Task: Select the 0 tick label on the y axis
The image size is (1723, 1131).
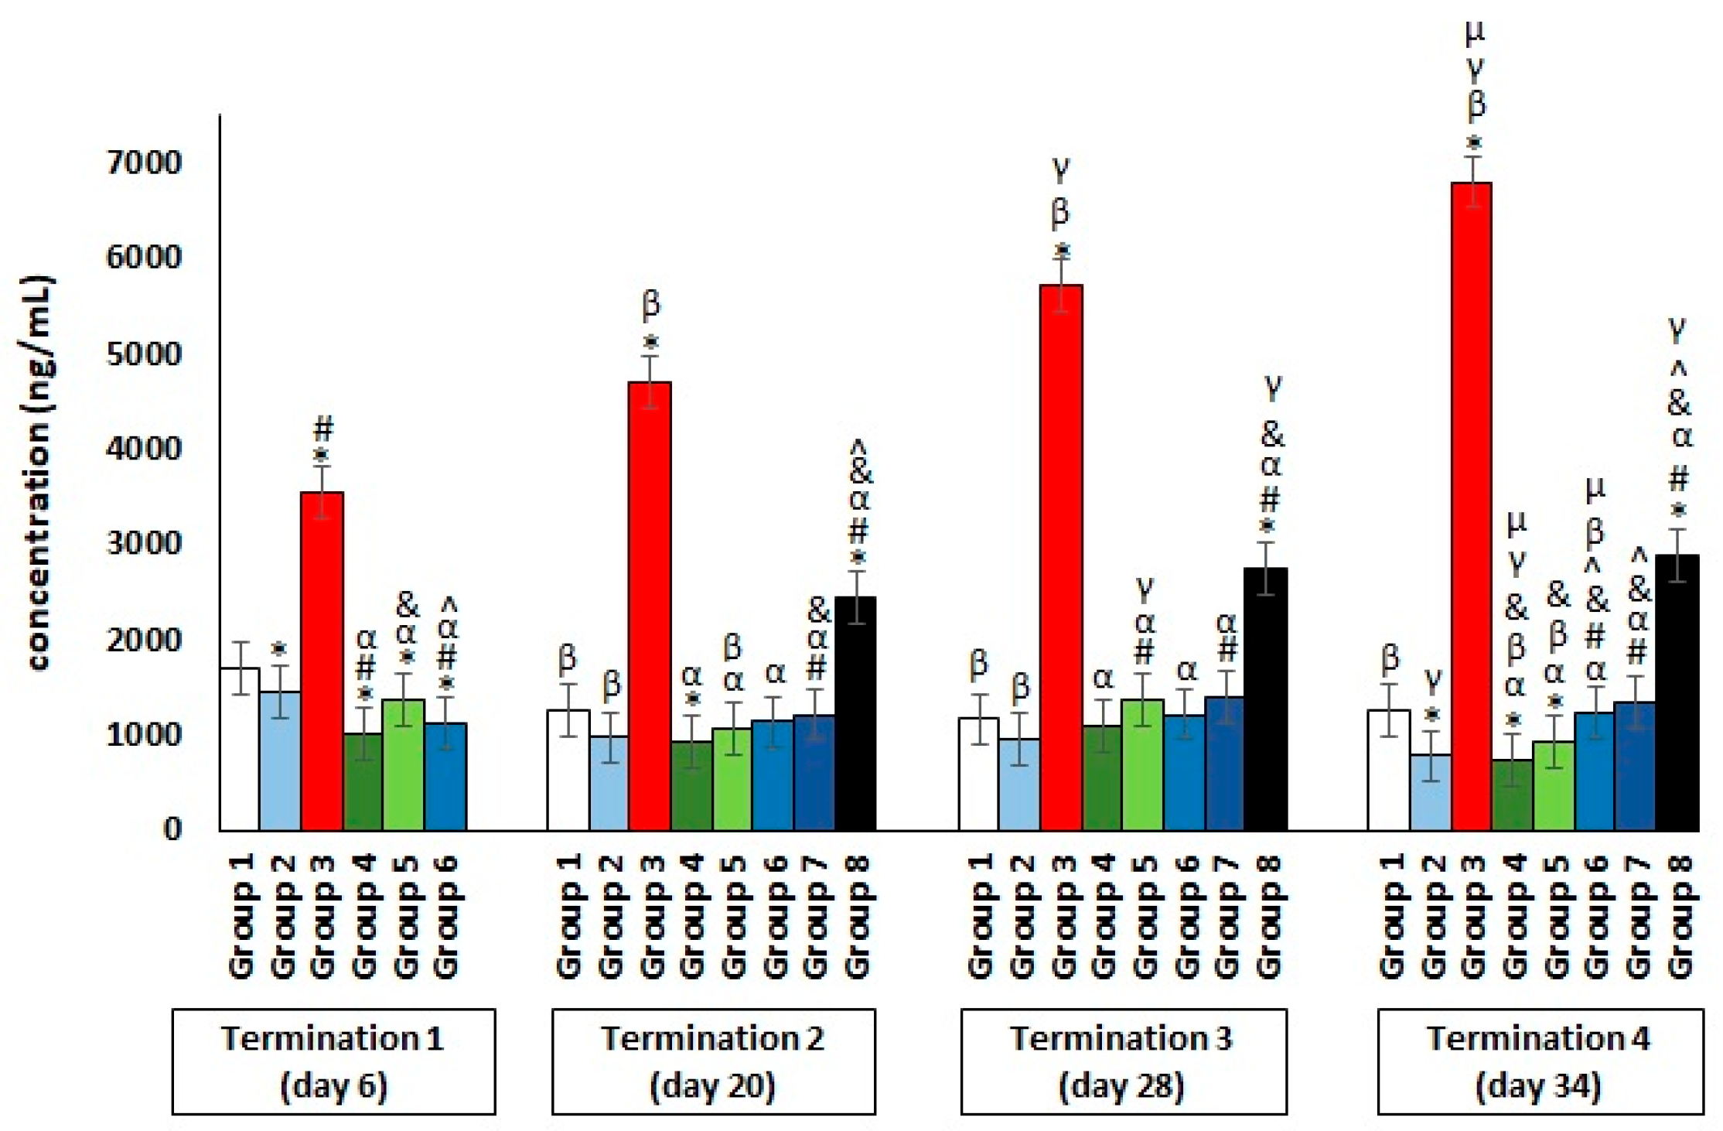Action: point(172,829)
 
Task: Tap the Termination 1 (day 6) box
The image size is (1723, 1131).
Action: point(333,1061)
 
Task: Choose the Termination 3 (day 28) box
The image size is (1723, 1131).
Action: point(1123,1061)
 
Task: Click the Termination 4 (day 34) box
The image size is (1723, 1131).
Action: point(1539,1061)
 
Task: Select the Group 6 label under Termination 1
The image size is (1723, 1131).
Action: point(447,917)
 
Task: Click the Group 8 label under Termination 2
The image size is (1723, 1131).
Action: point(857,917)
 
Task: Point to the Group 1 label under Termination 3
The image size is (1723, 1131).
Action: point(979,917)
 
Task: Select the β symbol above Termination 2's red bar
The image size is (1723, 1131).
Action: point(651,306)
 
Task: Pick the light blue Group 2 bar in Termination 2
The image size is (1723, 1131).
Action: point(610,783)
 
